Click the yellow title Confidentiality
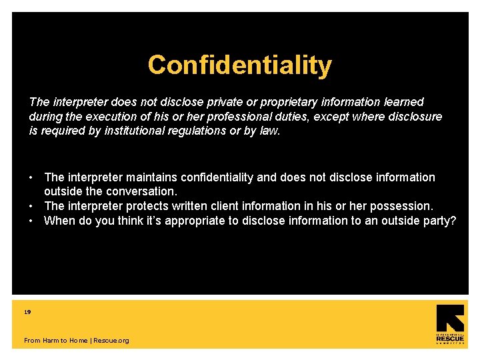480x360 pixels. [239, 65]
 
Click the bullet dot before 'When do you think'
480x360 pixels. [31, 221]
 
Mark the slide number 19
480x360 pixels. [27, 311]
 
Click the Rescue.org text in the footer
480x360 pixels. [111, 341]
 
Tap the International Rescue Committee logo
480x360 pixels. [450, 324]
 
